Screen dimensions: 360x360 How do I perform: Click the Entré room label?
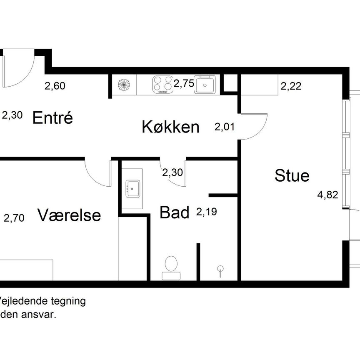pos(53,118)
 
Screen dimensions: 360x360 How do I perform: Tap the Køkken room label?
pos(170,127)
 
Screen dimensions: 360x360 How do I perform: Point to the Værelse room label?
pos(69,215)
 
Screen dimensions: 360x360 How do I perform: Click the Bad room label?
pos(175,212)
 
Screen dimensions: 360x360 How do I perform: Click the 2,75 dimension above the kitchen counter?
pos(184,83)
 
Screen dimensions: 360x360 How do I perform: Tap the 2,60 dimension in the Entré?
pos(55,86)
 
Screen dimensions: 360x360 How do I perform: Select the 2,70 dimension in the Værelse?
pos(15,217)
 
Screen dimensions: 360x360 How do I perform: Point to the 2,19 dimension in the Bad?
pos(207,212)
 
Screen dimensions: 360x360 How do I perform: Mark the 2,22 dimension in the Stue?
pos(291,86)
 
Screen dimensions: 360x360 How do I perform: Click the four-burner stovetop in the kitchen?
pos(162,84)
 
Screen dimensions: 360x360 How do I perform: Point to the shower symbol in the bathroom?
pos(220,270)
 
